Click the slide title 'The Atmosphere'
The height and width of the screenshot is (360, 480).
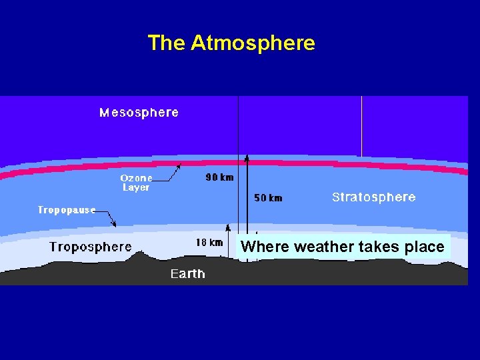click(231, 43)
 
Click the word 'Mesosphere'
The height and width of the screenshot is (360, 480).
click(139, 113)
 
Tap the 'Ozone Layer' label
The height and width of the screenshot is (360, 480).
click(136, 183)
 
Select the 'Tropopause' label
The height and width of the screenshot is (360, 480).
click(66, 210)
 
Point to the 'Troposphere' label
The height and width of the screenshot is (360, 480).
click(90, 247)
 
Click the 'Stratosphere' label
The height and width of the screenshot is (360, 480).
click(373, 197)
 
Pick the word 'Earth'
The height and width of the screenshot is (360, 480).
click(187, 274)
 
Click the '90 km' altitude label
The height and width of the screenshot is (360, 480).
click(219, 178)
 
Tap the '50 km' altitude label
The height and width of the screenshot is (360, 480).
click(268, 198)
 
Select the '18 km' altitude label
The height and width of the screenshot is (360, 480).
click(209, 243)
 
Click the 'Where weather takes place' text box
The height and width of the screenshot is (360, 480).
click(342, 247)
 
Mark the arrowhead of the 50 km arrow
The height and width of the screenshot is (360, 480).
click(247, 159)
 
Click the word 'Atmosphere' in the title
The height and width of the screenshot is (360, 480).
click(253, 43)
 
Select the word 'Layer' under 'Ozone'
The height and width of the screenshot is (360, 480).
click(136, 188)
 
